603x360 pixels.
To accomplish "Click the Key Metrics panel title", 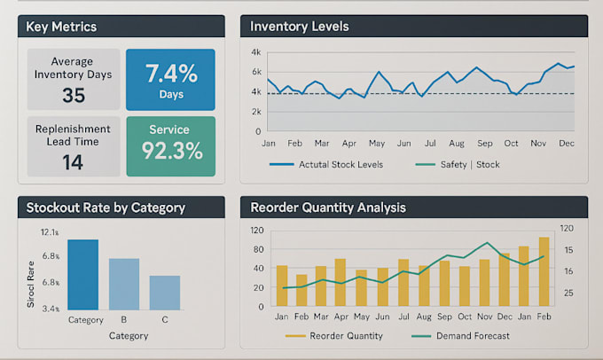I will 61,27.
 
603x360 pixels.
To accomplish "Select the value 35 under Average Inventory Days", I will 74,95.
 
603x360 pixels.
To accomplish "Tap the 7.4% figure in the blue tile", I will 170,73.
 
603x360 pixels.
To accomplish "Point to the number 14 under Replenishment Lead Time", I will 73,161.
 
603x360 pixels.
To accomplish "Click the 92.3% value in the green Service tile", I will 170,151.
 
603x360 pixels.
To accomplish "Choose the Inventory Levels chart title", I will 299,27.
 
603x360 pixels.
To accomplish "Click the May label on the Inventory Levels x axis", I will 377,143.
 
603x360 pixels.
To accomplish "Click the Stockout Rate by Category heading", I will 106,207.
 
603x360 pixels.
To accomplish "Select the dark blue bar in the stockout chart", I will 83,274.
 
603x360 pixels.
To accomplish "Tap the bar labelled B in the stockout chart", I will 124,284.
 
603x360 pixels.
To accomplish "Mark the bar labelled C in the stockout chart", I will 164,292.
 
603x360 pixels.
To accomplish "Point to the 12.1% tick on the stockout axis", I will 50,232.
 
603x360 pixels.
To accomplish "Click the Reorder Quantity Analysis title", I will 327,207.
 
